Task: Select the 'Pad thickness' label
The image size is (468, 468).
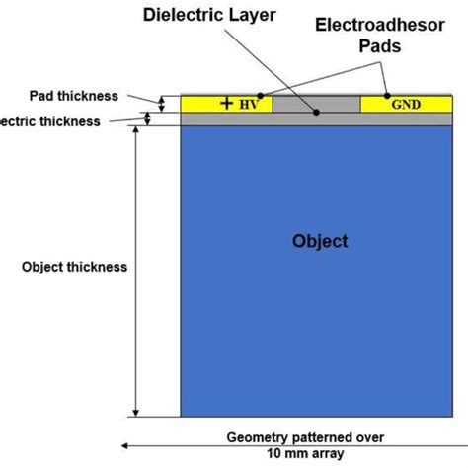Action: (x=75, y=96)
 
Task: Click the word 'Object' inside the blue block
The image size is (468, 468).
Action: (x=320, y=241)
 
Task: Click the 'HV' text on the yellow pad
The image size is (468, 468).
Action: (x=248, y=104)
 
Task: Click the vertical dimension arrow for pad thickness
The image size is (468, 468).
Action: (x=164, y=102)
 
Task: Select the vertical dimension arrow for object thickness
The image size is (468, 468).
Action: (x=137, y=272)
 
